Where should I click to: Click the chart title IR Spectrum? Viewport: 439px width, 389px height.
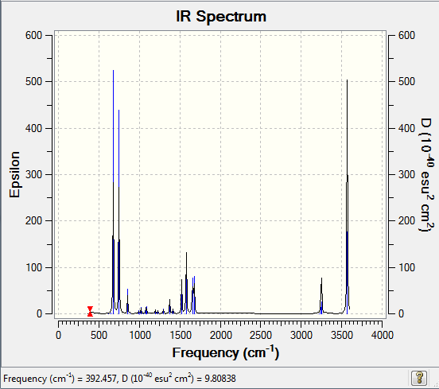click(x=221, y=16)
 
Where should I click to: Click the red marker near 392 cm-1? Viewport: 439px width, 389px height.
click(x=90, y=311)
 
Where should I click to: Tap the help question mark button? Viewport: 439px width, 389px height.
click(x=419, y=378)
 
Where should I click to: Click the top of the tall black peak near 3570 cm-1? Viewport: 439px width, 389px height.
click(x=348, y=80)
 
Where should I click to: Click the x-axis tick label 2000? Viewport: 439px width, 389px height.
click(x=220, y=335)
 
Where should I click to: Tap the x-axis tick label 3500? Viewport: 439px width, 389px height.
click(x=341, y=335)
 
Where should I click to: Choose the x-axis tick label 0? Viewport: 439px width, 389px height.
click(x=58, y=335)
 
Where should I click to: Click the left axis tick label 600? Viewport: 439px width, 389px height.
click(x=33, y=35)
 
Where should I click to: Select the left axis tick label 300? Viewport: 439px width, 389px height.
click(x=33, y=174)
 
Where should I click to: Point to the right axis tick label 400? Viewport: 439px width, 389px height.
click(x=406, y=128)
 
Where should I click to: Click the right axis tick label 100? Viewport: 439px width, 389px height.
click(x=406, y=267)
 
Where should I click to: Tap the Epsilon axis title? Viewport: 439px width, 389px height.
click(x=14, y=174)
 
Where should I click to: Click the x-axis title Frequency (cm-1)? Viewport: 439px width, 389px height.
click(x=226, y=352)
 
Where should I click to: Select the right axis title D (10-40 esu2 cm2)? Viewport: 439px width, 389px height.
click(x=427, y=175)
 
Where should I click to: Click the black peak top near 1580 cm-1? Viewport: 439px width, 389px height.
click(x=186, y=253)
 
